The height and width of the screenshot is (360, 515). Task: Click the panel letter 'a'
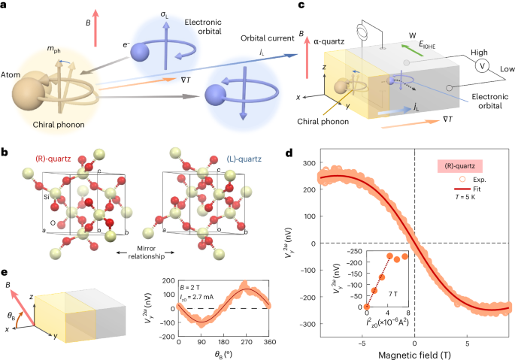pyautogui.click(x=6, y=6)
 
